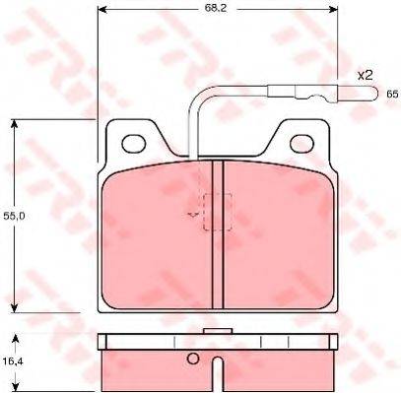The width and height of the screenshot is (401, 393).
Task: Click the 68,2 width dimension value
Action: tap(217, 8)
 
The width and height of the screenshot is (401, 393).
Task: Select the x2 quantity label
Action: tap(365, 76)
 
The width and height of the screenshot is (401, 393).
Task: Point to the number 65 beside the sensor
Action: tap(392, 95)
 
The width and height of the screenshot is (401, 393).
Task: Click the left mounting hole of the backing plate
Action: tap(134, 144)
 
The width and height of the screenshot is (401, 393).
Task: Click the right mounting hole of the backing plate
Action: tap(301, 144)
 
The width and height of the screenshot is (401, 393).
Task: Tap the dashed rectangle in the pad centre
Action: tap(218, 212)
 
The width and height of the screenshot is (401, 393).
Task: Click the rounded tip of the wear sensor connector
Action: tap(375, 94)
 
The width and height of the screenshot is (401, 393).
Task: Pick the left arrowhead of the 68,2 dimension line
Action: tap(102, 10)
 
